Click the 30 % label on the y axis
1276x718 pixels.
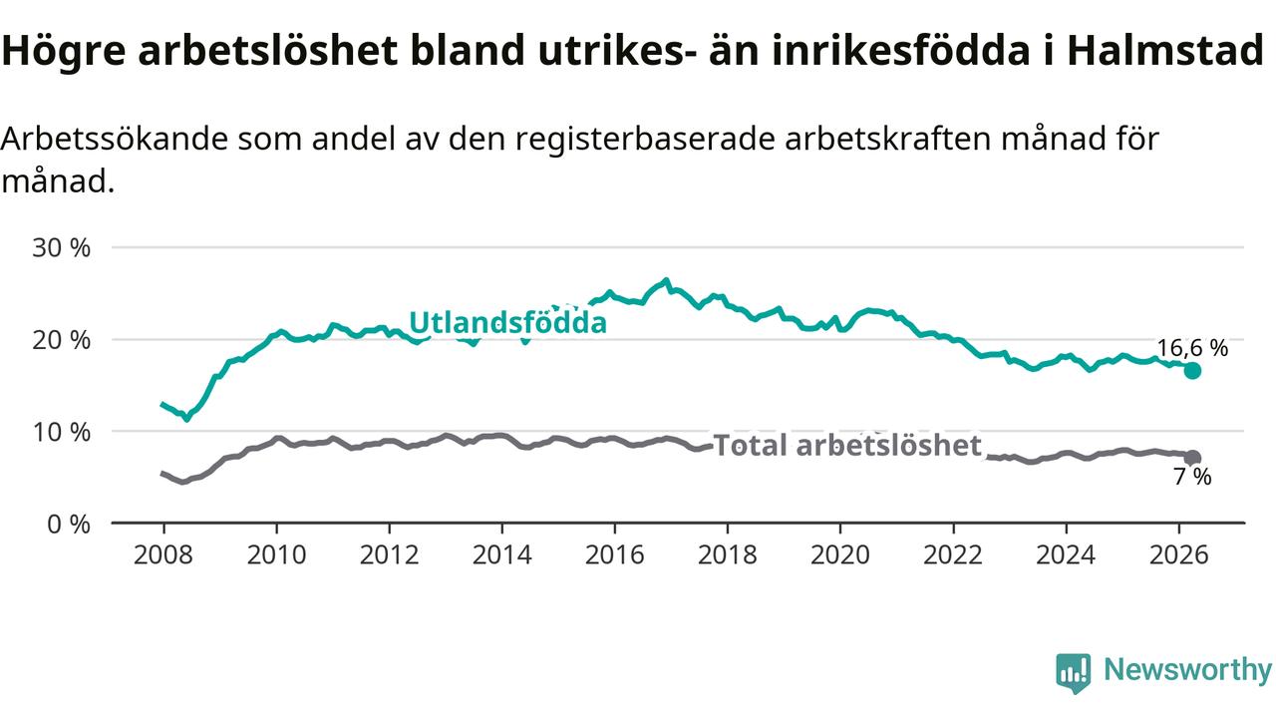pyautogui.click(x=62, y=248)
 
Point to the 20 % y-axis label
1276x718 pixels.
pyautogui.click(x=62, y=340)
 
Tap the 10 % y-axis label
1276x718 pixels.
pyautogui.click(x=62, y=433)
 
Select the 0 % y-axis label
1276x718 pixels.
pyautogui.click(x=69, y=525)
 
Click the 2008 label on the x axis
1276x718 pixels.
pyautogui.click(x=163, y=555)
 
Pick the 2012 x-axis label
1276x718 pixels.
pyautogui.click(x=389, y=555)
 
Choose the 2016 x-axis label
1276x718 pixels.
pyautogui.click(x=615, y=555)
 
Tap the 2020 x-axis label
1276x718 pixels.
pyautogui.click(x=840, y=555)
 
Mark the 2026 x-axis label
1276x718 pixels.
pyautogui.click(x=1178, y=555)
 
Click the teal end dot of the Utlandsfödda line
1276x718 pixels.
pyautogui.click(x=1192, y=371)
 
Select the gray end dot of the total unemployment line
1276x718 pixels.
pyautogui.click(x=1192, y=458)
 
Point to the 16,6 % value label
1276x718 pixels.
pyautogui.click(x=1192, y=348)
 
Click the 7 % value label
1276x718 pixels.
pyautogui.click(x=1192, y=477)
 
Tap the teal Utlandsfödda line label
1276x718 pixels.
pyautogui.click(x=508, y=322)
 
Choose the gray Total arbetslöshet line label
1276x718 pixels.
pyautogui.click(x=847, y=445)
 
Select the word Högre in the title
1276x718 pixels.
pyautogui.click(x=64, y=51)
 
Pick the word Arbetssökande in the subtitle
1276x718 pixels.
pyautogui.click(x=115, y=139)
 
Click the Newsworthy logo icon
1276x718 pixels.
pyautogui.click(x=1074, y=673)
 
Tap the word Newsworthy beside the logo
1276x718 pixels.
pyautogui.click(x=1187, y=670)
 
